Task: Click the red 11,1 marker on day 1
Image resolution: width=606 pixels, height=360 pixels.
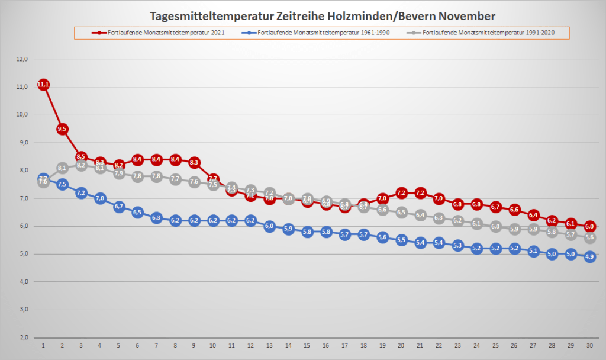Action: (x=43, y=85)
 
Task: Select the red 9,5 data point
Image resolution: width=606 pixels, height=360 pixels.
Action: (x=62, y=129)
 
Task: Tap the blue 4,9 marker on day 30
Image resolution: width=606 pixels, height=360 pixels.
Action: (x=589, y=257)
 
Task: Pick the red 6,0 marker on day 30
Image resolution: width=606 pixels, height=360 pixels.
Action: (x=589, y=226)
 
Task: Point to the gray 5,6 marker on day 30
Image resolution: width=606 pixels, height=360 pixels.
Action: (x=589, y=237)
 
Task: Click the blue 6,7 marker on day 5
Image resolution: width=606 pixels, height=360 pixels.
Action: (x=119, y=207)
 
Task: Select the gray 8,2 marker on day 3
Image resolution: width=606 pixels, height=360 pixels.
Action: (x=81, y=165)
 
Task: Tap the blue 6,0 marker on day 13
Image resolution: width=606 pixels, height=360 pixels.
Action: (x=269, y=226)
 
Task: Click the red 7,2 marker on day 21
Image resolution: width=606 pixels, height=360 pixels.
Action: (x=420, y=192)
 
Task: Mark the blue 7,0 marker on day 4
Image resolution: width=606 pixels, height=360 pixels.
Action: (x=100, y=198)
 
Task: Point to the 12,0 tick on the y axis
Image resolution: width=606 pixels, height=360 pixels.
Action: (x=22, y=59)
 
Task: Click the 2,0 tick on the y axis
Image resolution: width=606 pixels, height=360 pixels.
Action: (x=22, y=337)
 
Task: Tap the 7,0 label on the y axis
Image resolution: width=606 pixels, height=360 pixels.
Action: (x=22, y=198)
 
